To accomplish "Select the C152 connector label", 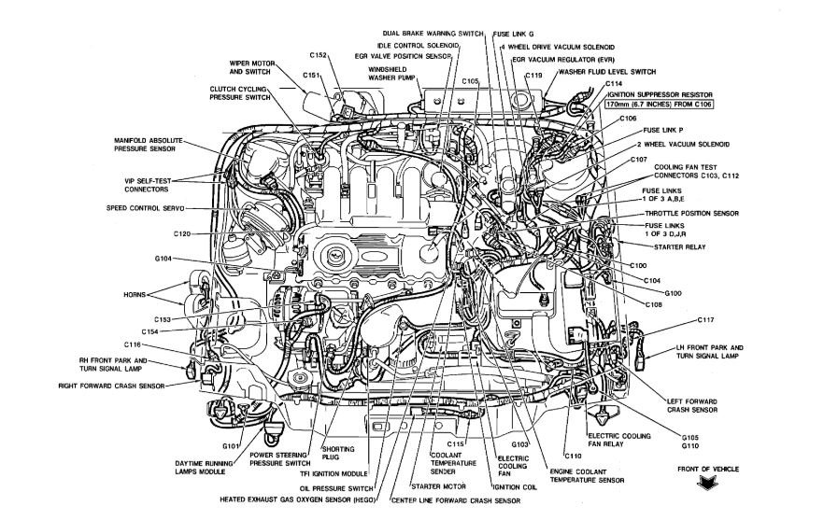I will point(316,55).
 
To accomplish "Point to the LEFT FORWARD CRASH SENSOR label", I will point(692,402).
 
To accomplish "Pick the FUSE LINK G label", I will point(516,34).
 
